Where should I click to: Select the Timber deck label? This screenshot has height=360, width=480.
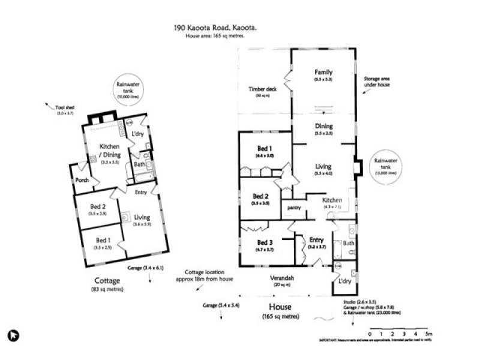coord(262,89)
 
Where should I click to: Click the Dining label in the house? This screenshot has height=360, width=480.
coord(323,126)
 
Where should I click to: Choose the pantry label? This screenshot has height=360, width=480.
coord(293,208)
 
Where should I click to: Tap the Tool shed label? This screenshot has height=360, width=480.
coord(65,109)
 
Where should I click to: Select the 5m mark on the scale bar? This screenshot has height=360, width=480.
coord(428,334)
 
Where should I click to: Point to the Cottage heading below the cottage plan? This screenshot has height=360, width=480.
coord(108,280)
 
